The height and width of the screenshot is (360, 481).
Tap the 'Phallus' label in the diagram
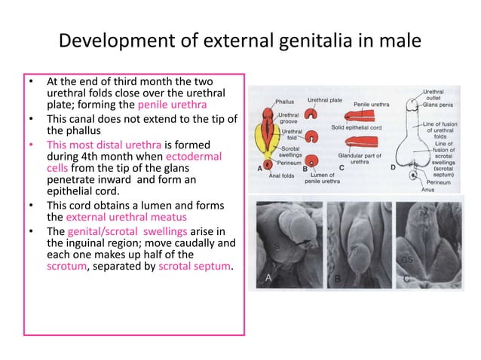(x=284, y=102)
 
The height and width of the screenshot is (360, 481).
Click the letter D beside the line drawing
(x=392, y=168)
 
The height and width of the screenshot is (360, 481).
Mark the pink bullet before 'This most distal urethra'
(x=31, y=144)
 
